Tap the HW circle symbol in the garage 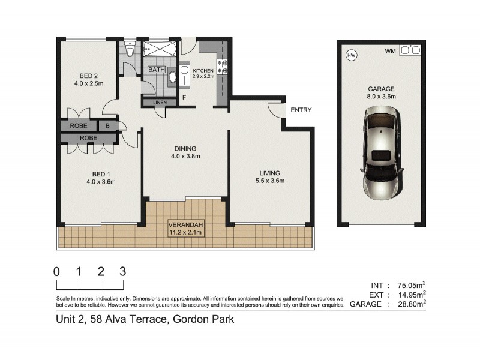pyautogui.click(x=351, y=55)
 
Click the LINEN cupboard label pyautogui.click(x=160, y=103)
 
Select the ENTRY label pyautogui.click(x=301, y=110)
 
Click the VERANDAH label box pyautogui.click(x=185, y=229)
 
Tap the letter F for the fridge pyautogui.click(x=185, y=97)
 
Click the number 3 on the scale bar pyautogui.click(x=123, y=271)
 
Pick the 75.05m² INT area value pyautogui.click(x=407, y=285)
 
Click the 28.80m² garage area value pyautogui.click(x=407, y=304)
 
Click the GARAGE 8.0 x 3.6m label pyautogui.click(x=381, y=92)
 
